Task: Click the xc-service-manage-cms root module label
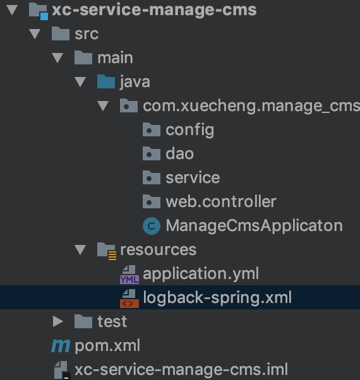(x=154, y=10)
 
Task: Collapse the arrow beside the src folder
(x=35, y=33)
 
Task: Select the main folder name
(x=115, y=58)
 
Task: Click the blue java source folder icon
(x=106, y=81)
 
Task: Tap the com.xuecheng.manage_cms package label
(x=251, y=107)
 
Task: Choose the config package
(x=190, y=130)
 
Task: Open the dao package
(x=179, y=154)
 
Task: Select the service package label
(x=193, y=177)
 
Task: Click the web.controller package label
(x=221, y=201)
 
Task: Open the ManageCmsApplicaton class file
(x=254, y=225)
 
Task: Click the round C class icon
(x=152, y=226)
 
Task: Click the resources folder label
(x=159, y=249)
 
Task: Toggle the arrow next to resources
(x=80, y=249)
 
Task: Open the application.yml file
(x=201, y=273)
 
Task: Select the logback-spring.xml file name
(x=217, y=297)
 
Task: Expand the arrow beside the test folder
(x=58, y=321)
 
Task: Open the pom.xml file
(x=107, y=345)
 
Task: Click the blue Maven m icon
(x=61, y=346)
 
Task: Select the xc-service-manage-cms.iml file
(x=181, y=369)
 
